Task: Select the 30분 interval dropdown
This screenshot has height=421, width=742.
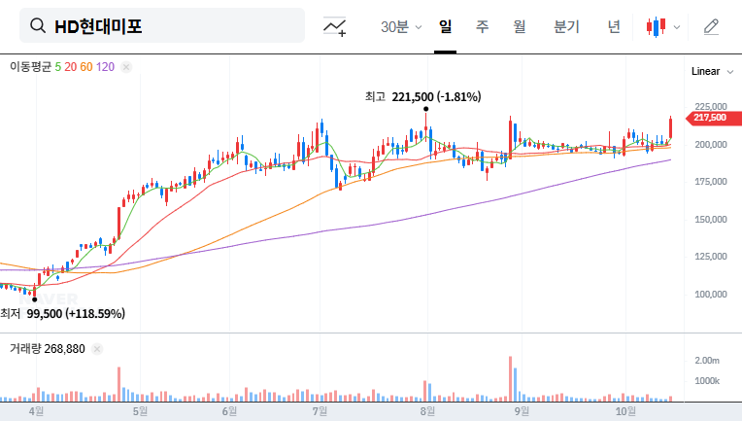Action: point(401,27)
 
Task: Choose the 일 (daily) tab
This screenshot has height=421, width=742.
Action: point(445,27)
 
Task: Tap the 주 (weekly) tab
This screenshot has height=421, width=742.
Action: point(482,27)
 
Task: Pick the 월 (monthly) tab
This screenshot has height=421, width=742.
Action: point(520,27)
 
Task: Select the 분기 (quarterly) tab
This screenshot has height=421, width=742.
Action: point(566,27)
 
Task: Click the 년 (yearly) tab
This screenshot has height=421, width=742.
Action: point(613,27)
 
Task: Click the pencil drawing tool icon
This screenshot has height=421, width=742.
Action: point(711,27)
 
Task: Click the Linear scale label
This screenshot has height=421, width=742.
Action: point(706,72)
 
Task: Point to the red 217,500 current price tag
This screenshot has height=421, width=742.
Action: point(709,118)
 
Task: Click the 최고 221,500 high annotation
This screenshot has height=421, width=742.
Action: point(422,96)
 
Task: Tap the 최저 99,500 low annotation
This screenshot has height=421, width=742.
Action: point(63,313)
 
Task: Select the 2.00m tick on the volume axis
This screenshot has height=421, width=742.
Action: point(706,361)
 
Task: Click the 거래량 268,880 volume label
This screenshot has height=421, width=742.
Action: point(48,348)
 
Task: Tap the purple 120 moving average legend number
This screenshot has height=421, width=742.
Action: point(106,67)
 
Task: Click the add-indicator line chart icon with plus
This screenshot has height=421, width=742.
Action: point(335,27)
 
